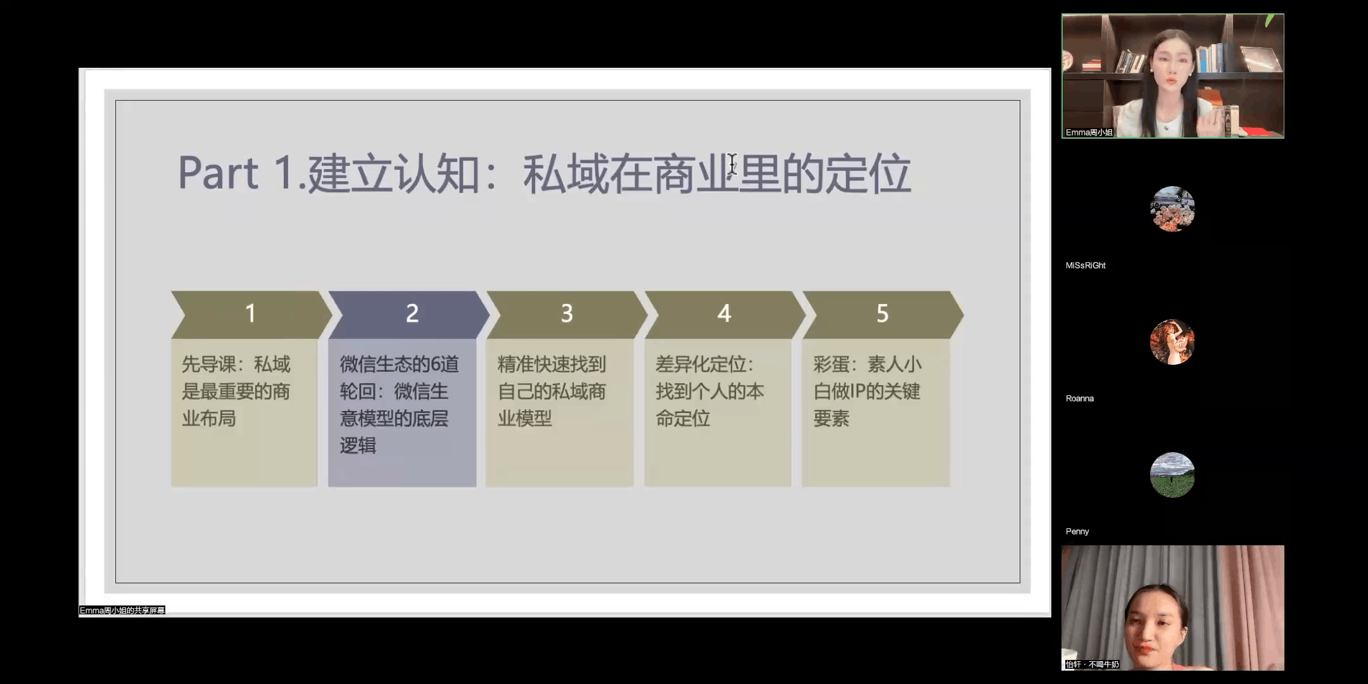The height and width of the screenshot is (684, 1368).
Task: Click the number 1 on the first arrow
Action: tap(251, 313)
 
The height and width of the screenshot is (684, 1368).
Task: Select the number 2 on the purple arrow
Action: tap(412, 313)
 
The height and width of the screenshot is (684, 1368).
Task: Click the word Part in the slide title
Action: tap(218, 173)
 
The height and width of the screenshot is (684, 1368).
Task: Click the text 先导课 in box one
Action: tap(208, 364)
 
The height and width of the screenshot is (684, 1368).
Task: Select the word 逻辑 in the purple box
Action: tap(358, 445)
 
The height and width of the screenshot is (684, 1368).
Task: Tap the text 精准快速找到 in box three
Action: tap(552, 364)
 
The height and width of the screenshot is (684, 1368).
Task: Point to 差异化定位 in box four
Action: tap(701, 364)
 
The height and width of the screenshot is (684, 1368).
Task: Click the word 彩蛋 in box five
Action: tap(831, 364)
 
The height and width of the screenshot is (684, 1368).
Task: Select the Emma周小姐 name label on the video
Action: tap(1089, 132)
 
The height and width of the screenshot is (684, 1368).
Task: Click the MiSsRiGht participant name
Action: tap(1086, 265)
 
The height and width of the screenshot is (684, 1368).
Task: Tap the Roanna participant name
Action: tap(1080, 398)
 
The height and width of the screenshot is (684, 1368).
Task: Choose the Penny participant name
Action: tap(1077, 531)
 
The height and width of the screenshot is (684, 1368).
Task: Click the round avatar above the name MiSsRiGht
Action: tap(1172, 209)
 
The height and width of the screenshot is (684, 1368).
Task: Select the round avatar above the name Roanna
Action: tap(1172, 342)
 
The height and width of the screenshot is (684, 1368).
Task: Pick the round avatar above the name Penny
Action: tap(1172, 475)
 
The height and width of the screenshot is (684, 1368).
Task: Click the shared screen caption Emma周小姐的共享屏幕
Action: tap(122, 611)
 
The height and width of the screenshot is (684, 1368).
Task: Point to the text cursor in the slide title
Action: tap(733, 164)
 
